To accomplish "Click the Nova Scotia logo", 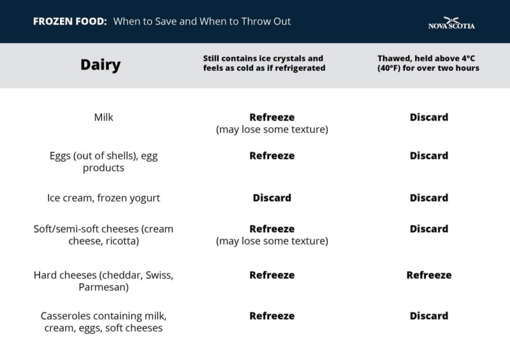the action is pos(451,23).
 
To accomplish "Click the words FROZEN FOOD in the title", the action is pos(70,22).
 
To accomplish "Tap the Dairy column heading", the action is pos(101,65).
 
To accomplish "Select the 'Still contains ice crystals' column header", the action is pos(264,63).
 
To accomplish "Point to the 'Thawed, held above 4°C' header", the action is pos(428,63).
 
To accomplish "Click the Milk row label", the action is pos(103,117).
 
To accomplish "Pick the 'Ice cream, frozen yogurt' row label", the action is pos(103,198).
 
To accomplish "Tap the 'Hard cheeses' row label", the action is pos(103,281).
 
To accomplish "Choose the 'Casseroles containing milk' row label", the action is pos(103,322).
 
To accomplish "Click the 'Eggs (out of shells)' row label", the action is pos(103,162).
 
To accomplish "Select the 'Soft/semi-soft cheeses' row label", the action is pos(103,235).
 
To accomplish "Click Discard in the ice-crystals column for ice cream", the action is pos(272,198).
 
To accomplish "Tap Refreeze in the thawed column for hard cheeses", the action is pos(429,275).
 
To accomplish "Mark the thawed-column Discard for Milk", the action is pos(429,117).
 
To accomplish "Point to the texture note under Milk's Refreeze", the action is pos(272,129).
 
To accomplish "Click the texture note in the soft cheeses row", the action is pos(272,241).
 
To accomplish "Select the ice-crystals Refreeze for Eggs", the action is pos(272,155).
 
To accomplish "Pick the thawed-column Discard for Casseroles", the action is pos(429,316).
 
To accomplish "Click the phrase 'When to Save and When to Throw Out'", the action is pos(202,22).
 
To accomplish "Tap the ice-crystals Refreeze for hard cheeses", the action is pos(272,275).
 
